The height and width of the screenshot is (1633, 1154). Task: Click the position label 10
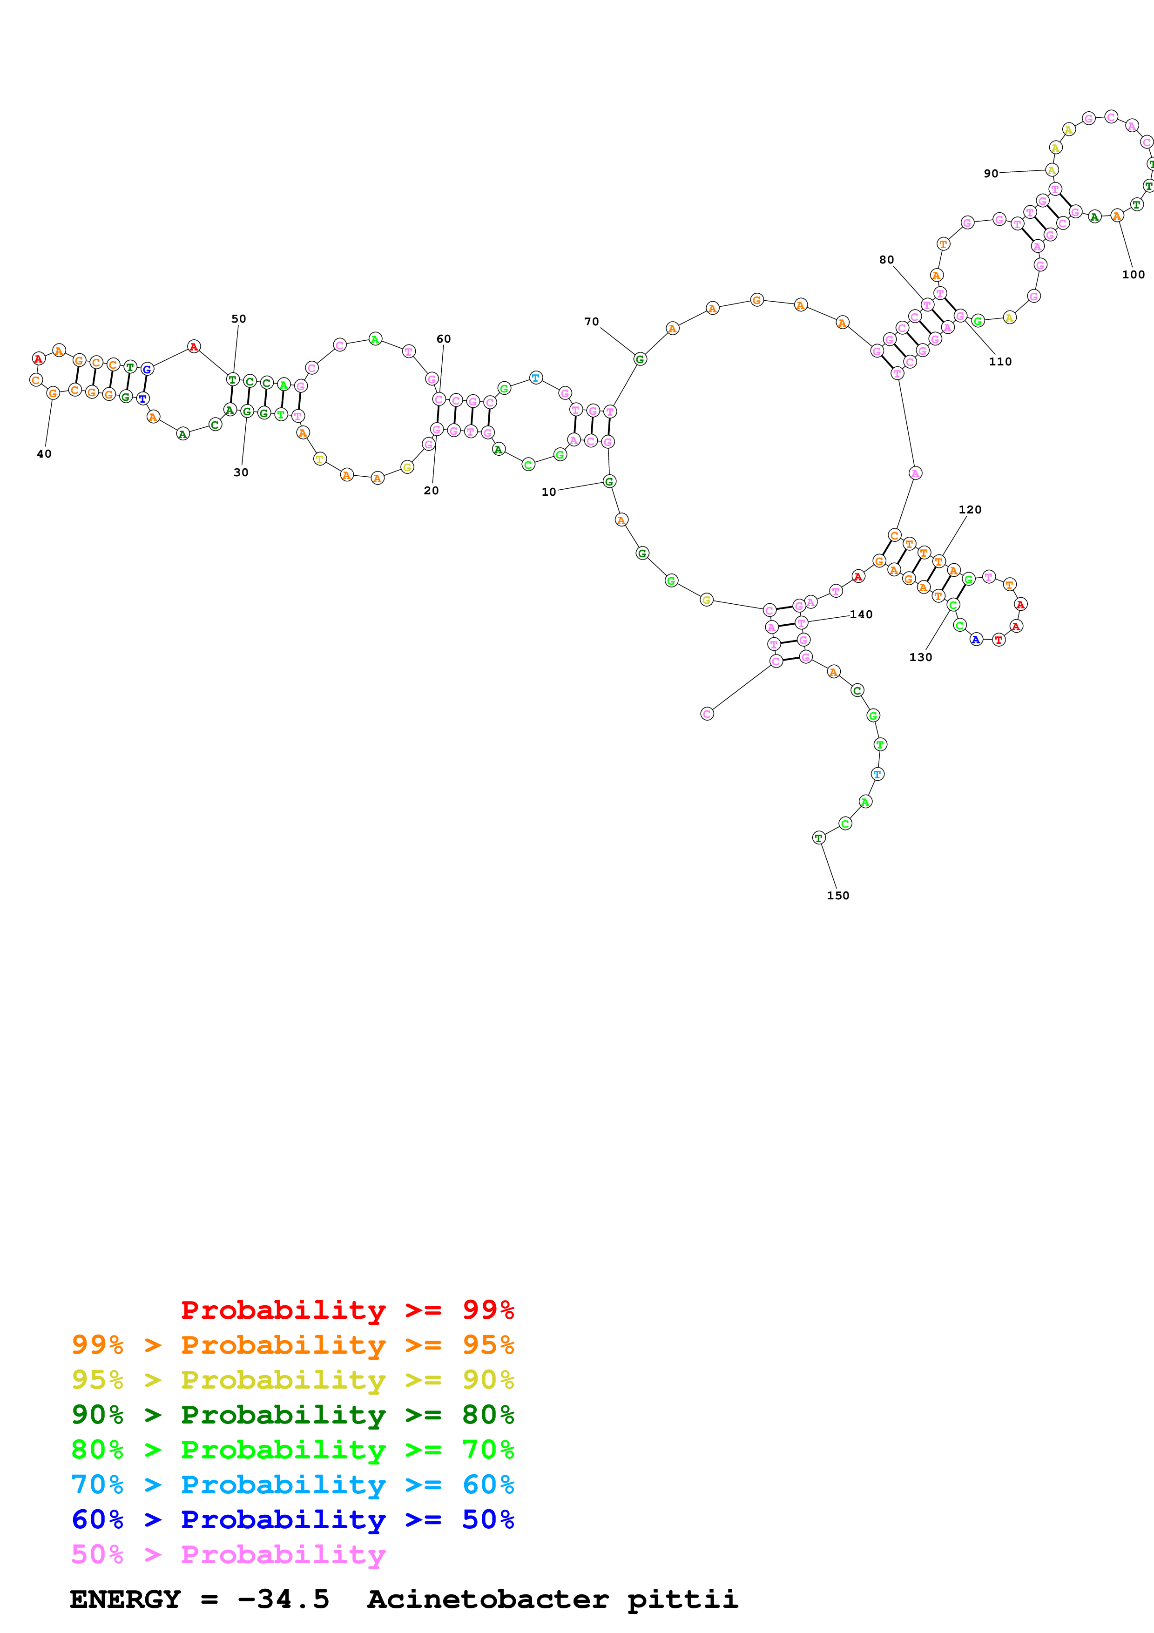point(548,492)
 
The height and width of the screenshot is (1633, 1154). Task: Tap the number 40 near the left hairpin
point(44,454)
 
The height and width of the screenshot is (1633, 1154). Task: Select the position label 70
point(592,322)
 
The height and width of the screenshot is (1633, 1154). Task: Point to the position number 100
point(1134,275)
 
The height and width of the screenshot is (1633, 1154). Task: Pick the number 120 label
point(970,509)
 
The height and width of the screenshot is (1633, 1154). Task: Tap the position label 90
point(991,174)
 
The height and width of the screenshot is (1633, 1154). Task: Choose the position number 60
point(444,338)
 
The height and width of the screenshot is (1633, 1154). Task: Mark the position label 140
point(861,614)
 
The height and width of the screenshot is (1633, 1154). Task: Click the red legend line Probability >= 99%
point(347,1310)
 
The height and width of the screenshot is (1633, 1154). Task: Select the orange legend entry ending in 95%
point(293,1345)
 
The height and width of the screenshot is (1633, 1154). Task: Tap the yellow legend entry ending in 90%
point(293,1380)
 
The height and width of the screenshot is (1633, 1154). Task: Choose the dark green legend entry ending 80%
point(293,1415)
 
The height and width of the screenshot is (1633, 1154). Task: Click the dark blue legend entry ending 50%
point(293,1519)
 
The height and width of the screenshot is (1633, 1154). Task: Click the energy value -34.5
point(283,1599)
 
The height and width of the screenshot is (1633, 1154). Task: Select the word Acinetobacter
point(488,1599)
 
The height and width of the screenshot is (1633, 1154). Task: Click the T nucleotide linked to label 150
point(818,838)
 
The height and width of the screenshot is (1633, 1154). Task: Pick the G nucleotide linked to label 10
point(609,481)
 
